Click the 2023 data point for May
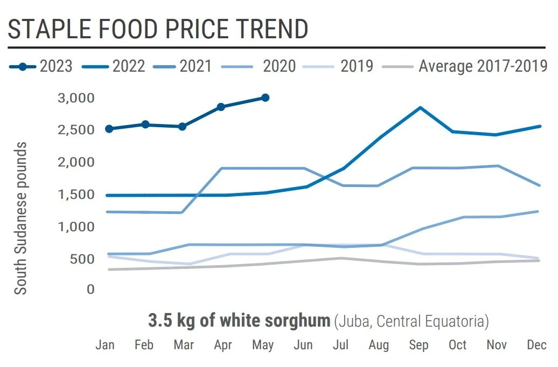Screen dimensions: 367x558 point(265,98)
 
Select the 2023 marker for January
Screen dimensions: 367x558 point(109,129)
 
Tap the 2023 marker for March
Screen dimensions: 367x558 point(182,127)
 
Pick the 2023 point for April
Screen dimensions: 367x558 point(221,107)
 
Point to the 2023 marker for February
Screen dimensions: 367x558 point(145,124)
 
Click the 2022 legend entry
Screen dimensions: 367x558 point(114,66)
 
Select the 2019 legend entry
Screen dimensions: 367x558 point(339,66)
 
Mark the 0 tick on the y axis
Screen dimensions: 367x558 point(90,290)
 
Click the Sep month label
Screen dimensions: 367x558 point(419,345)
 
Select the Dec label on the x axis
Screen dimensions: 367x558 point(536,345)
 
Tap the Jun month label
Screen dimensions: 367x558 point(303,345)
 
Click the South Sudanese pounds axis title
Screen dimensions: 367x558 point(20,218)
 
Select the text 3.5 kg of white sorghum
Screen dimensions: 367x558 point(239,321)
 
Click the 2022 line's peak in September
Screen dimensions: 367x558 point(420,108)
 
